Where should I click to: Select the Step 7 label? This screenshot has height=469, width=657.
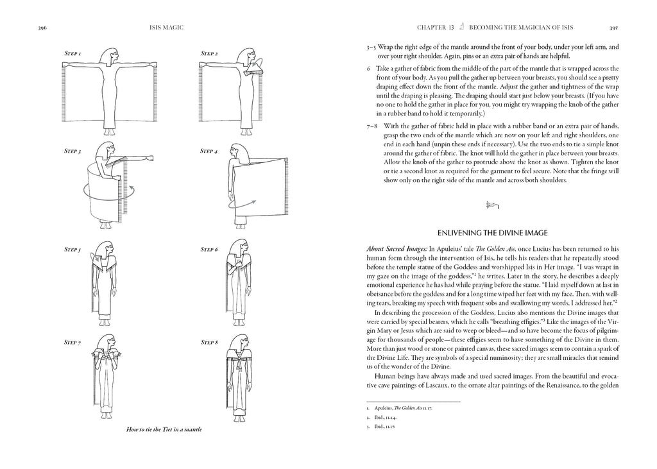pos(72,343)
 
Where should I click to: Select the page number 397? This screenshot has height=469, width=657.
pos(613,28)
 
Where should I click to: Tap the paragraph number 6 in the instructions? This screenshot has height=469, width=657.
pos(369,68)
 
